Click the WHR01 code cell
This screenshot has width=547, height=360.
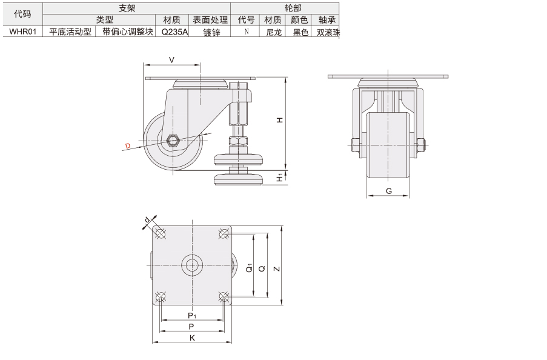[x=22, y=32]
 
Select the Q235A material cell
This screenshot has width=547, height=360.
[x=174, y=32]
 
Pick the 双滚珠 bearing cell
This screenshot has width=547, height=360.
[x=328, y=32]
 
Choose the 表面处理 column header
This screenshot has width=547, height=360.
[x=210, y=20]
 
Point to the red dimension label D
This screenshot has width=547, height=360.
[x=128, y=146]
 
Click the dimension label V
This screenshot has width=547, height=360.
[x=171, y=60]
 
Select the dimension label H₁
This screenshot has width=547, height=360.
[x=280, y=178]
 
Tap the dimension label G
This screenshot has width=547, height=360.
[x=389, y=191]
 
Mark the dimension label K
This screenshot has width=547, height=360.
[x=192, y=338]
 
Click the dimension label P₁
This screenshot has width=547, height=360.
[x=192, y=316]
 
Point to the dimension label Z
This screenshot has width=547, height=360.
[x=277, y=269]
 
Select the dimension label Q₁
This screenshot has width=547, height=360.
[x=249, y=268]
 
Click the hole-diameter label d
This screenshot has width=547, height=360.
[x=147, y=219]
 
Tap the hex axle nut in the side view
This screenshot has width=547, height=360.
[x=172, y=141]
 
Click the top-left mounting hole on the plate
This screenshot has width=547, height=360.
[x=160, y=233]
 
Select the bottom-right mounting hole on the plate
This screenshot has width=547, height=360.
[x=224, y=297]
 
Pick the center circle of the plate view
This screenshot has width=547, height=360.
[x=192, y=265]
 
